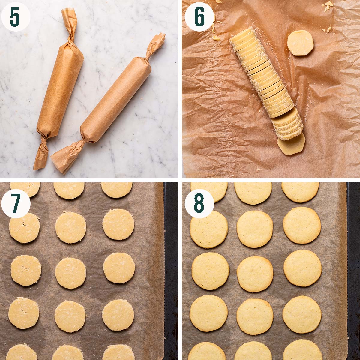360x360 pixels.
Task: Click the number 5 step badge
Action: pyautogui.click(x=16, y=17)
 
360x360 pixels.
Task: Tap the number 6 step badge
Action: pyautogui.click(x=199, y=17)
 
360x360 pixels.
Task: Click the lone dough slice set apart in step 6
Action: pyautogui.click(x=301, y=43)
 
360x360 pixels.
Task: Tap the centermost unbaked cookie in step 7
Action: pyautogui.click(x=70, y=273)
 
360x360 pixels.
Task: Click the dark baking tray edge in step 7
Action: pyautogui.click(x=171, y=270)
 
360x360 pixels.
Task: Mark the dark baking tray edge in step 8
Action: pyautogui.click(x=353, y=270)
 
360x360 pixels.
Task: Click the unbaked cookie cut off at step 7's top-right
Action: pyautogui.click(x=116, y=189)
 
